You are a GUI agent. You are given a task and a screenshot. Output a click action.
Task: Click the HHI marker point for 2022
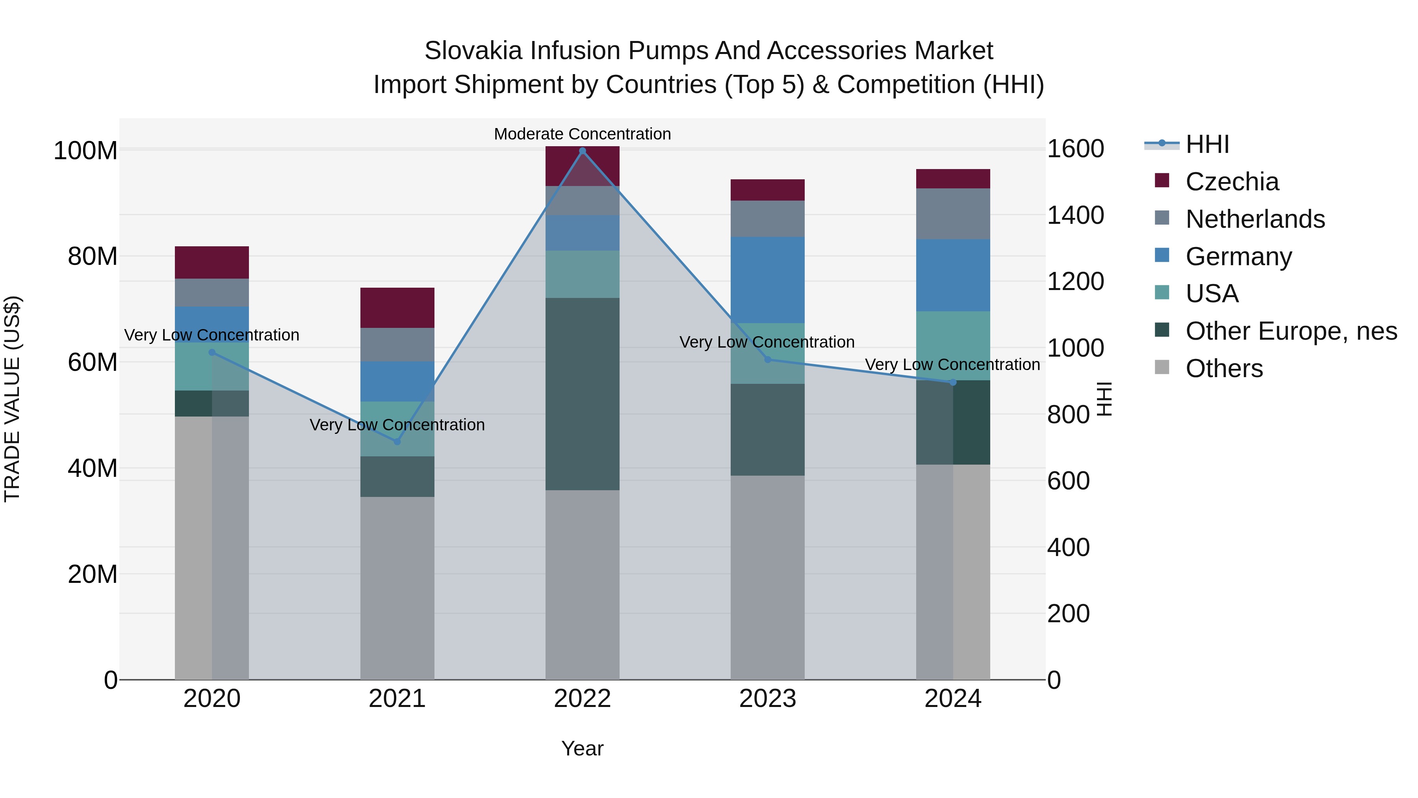click(583, 151)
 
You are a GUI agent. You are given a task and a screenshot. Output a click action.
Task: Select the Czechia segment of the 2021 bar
click(397, 307)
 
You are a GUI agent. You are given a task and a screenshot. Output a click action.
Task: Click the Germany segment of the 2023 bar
click(767, 280)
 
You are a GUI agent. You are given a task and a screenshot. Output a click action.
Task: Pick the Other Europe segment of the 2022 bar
click(583, 394)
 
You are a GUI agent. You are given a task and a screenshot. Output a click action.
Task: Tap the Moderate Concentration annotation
click(583, 134)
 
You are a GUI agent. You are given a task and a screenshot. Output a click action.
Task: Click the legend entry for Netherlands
click(1255, 219)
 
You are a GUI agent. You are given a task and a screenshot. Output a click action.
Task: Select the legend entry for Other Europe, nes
click(1291, 331)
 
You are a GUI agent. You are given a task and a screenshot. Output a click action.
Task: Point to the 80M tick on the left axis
click(93, 257)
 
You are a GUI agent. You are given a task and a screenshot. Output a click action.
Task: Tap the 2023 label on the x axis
click(767, 699)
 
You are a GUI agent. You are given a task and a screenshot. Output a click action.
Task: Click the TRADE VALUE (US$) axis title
click(12, 399)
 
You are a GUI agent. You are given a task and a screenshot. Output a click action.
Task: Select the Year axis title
click(583, 748)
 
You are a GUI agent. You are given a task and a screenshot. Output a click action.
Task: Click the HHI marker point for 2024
click(953, 382)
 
